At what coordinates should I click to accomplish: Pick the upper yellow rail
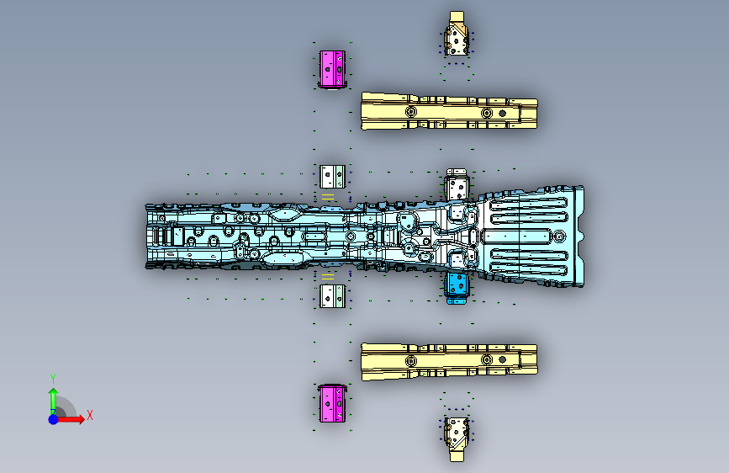pos(448,111)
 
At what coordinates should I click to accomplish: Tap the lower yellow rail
pos(448,361)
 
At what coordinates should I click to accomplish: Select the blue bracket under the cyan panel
pos(457,286)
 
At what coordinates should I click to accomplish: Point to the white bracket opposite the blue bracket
pos(457,186)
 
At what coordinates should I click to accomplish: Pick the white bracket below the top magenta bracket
pos(331,176)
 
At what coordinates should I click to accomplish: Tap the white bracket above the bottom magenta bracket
pos(331,295)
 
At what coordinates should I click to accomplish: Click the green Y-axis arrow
pos(53,396)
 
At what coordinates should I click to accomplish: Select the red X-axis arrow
pos(72,418)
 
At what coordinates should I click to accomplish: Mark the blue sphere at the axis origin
pos(54,418)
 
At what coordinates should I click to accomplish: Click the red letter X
pos(89,415)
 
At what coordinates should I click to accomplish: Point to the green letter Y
pos(53,377)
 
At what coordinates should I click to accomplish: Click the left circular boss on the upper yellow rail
pos(410,112)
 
